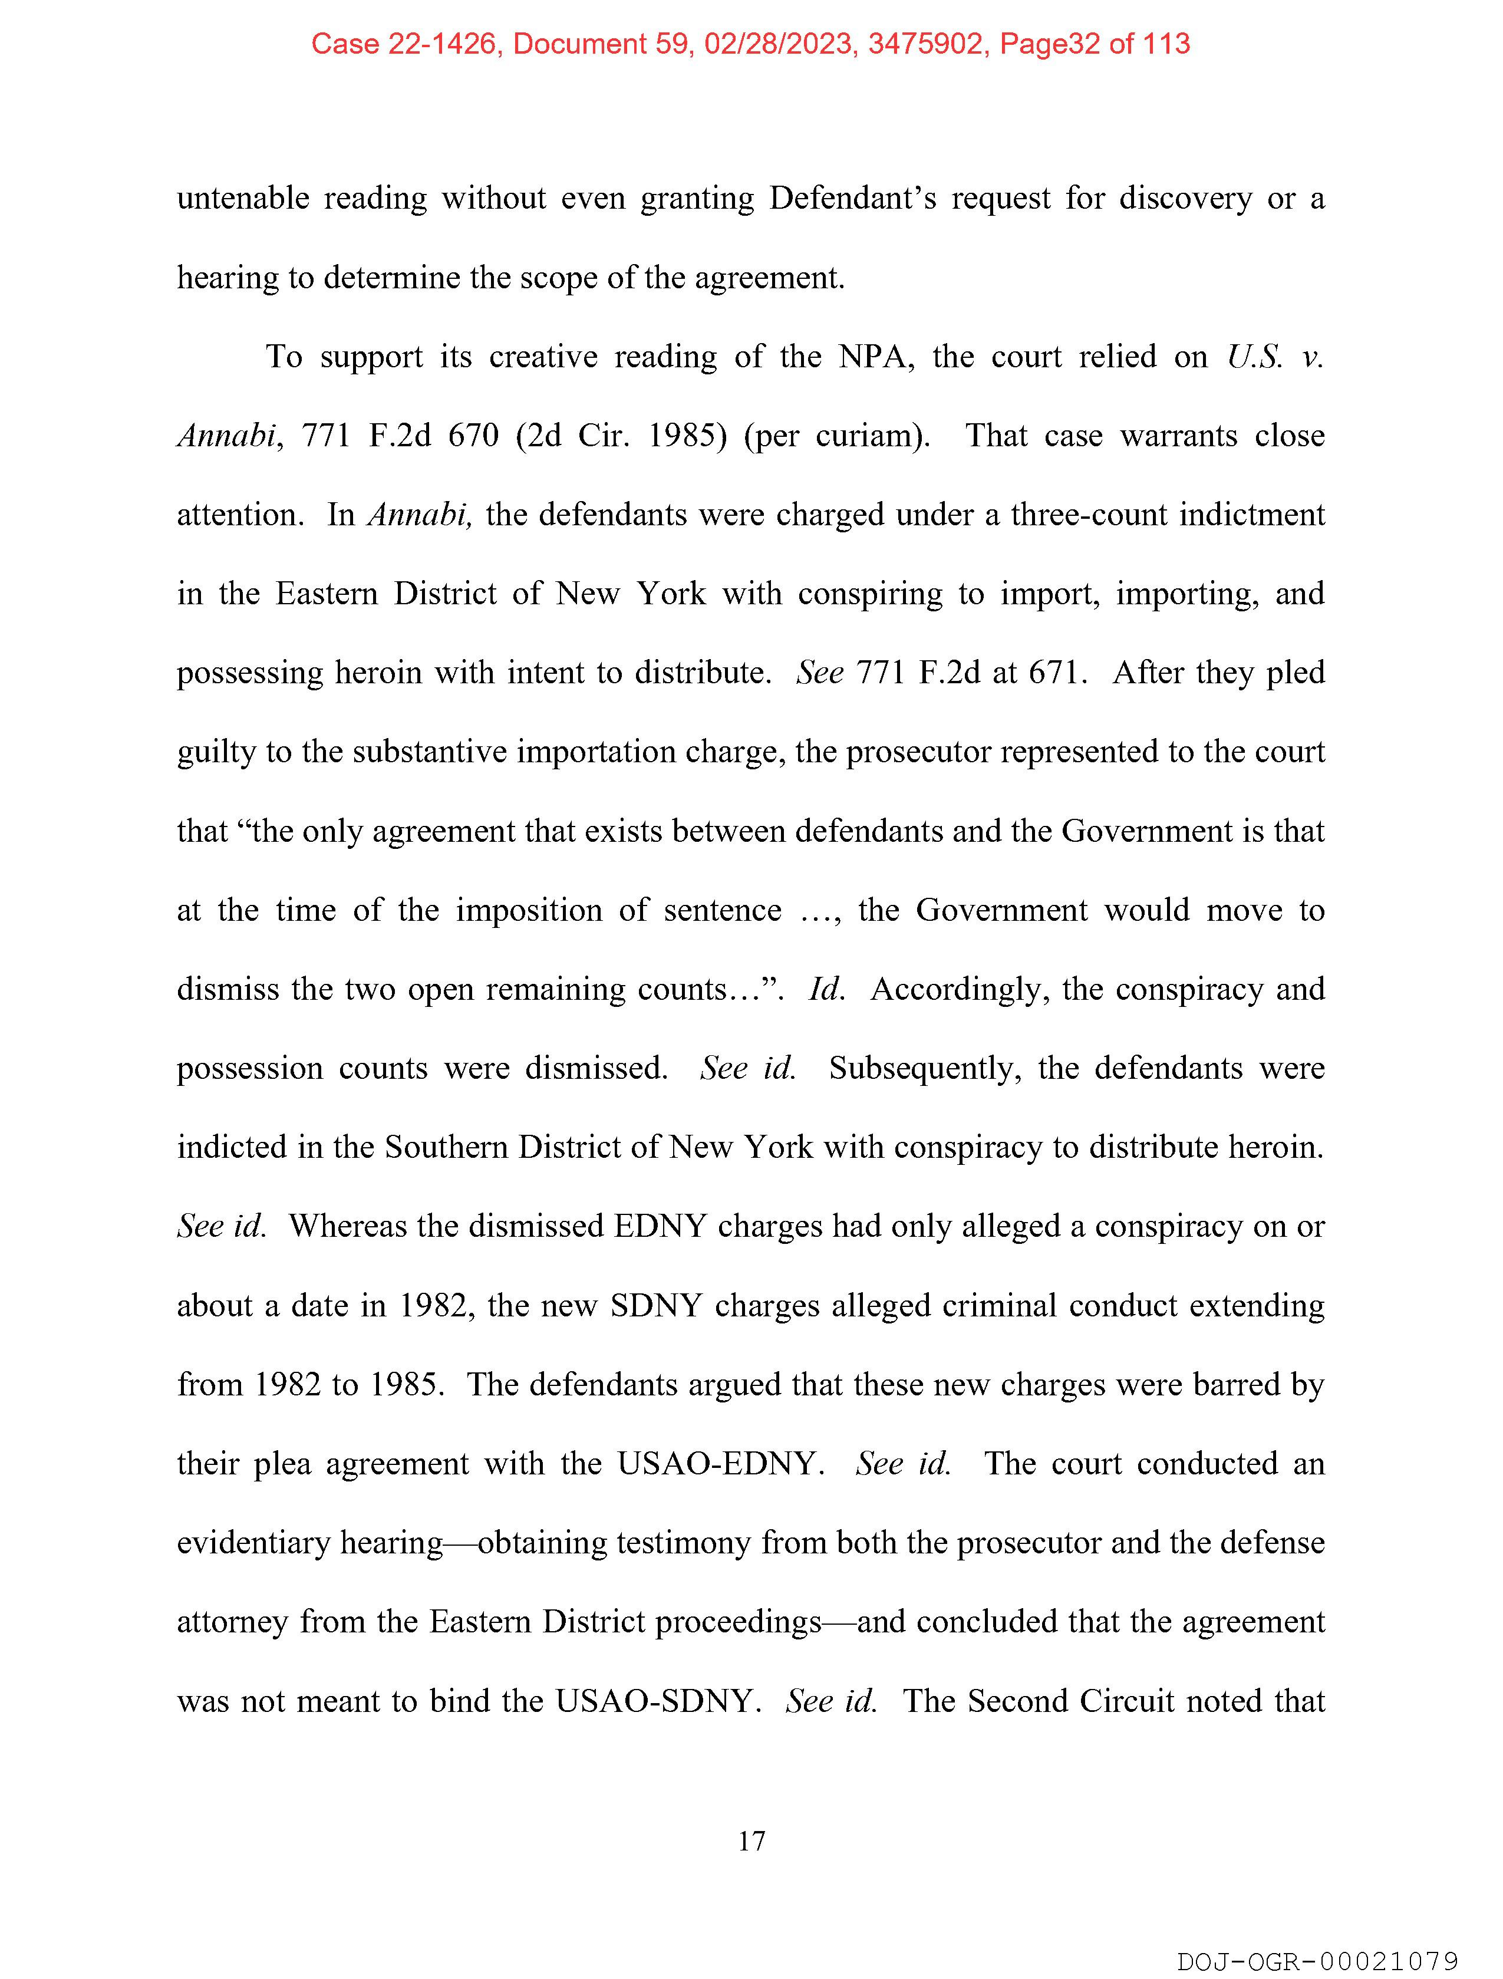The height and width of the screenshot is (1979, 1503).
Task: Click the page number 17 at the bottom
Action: click(751, 1840)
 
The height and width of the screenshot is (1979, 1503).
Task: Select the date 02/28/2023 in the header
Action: click(777, 44)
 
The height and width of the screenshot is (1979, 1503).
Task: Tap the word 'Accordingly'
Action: click(959, 989)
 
